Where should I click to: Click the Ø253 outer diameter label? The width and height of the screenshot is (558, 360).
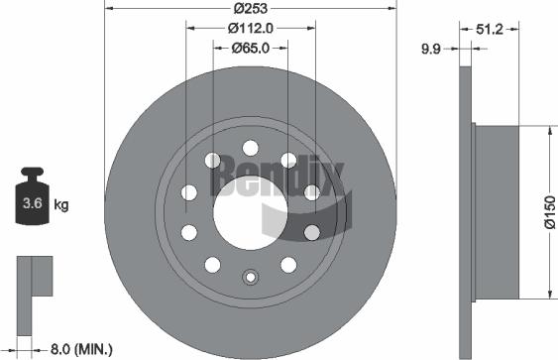[x=251, y=9]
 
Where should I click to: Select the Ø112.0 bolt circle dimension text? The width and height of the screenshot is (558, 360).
[x=251, y=28]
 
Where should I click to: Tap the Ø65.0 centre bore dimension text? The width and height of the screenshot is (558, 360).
[x=251, y=47]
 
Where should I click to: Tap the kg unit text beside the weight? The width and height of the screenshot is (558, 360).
[x=60, y=205]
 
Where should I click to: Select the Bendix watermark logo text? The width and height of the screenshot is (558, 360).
[x=283, y=180]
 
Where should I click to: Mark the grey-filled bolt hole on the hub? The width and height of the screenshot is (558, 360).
[x=311, y=232]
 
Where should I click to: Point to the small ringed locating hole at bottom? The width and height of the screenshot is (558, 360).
[x=251, y=280]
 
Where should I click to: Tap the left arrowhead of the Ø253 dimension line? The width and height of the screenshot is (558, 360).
[x=109, y=19]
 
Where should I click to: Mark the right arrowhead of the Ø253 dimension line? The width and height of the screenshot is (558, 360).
[x=392, y=19]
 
